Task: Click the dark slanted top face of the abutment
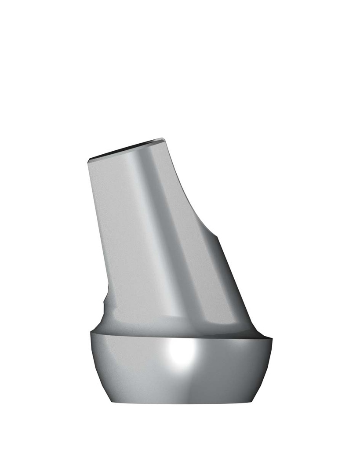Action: tap(127, 150)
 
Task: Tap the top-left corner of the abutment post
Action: tap(89, 160)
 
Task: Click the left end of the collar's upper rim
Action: tap(91, 333)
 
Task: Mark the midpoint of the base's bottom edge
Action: tap(182, 403)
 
